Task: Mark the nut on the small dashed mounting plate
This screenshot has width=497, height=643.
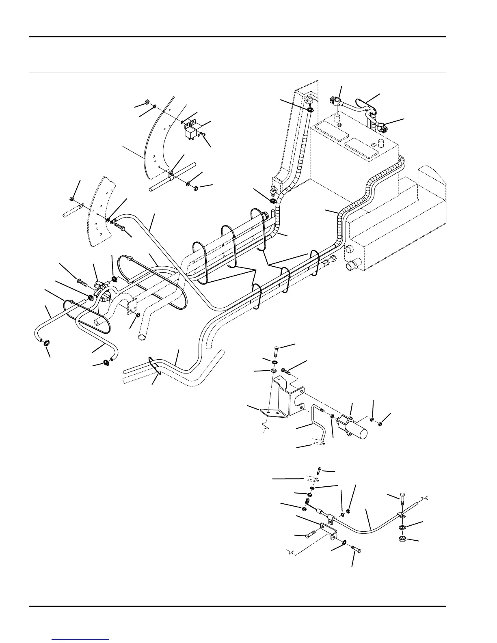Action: tap(138, 315)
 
